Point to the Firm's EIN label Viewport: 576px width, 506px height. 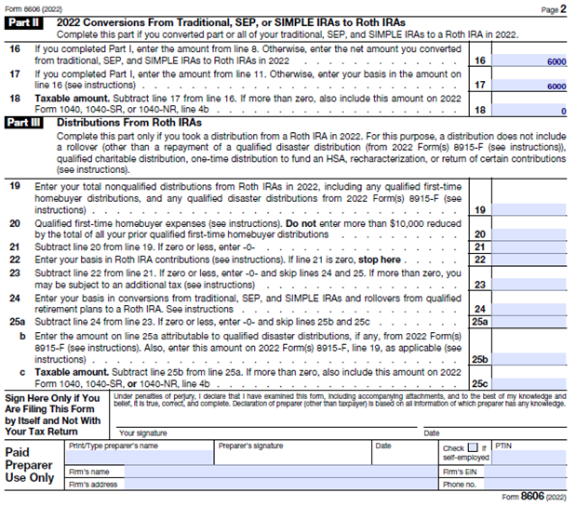[460, 472]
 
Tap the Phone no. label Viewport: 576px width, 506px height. [459, 484]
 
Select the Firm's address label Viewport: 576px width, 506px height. [94, 484]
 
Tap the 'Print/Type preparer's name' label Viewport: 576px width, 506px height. [114, 446]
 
